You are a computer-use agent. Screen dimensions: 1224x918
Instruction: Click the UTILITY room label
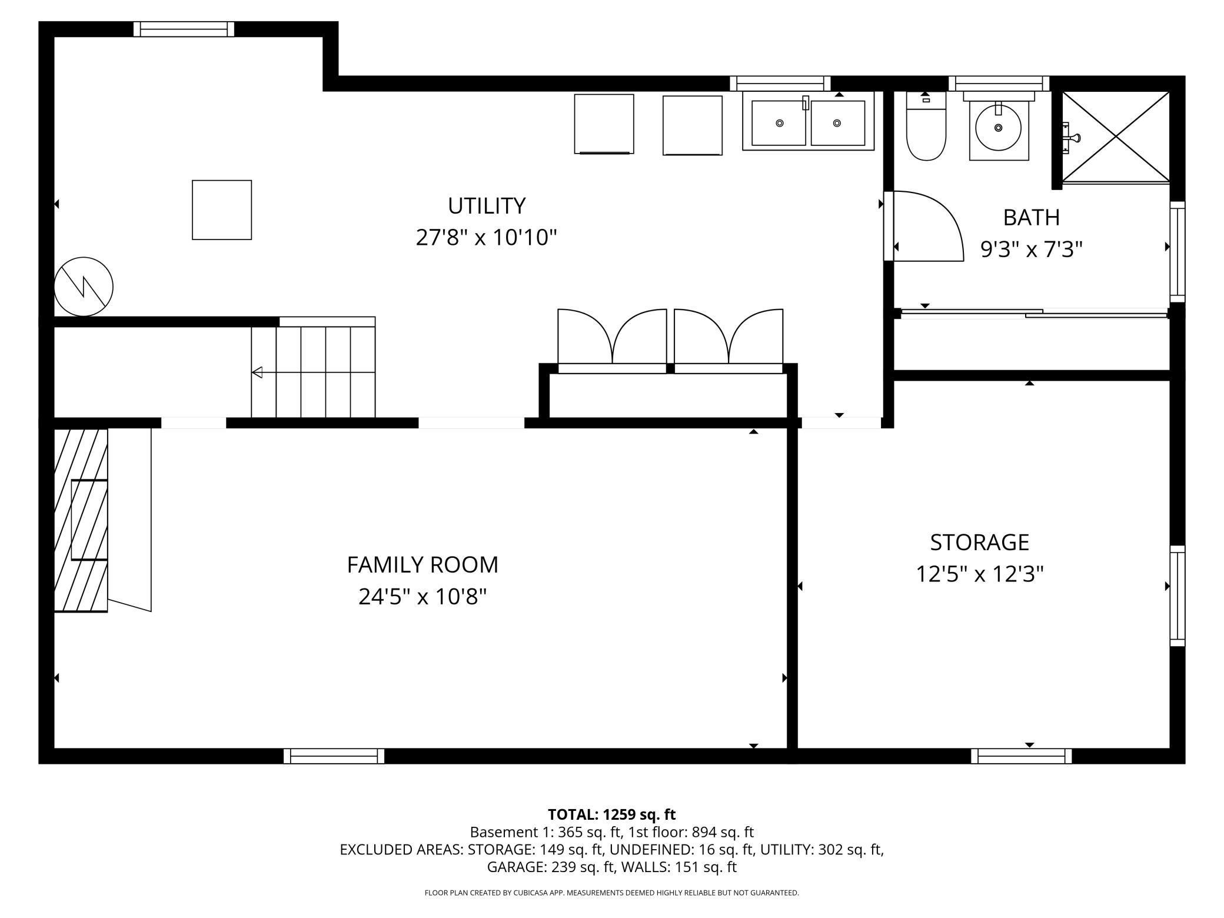click(x=487, y=206)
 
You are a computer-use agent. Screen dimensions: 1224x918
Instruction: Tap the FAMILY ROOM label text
click(x=423, y=565)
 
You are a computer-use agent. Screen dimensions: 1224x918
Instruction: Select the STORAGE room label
click(x=979, y=542)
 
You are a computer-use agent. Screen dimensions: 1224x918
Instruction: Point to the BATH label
click(x=1031, y=218)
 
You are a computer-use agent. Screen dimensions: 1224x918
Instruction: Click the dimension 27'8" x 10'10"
click(x=487, y=238)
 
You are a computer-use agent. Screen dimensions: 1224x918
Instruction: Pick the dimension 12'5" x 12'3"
click(x=979, y=574)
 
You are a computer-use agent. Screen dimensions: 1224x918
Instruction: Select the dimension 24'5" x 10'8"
click(x=423, y=597)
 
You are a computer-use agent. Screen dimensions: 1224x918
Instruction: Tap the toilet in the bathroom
click(x=926, y=126)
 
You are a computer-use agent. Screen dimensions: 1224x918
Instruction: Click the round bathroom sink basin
click(x=998, y=128)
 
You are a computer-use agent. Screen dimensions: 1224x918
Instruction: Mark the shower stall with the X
click(x=1116, y=137)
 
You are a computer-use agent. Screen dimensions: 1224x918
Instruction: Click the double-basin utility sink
click(x=808, y=121)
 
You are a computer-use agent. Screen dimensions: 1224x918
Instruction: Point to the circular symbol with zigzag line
click(x=84, y=287)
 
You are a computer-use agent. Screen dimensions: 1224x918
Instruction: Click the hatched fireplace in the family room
click(x=81, y=520)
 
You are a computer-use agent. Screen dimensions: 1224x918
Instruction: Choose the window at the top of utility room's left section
click(x=184, y=29)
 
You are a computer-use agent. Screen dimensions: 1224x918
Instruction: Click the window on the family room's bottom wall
click(x=334, y=756)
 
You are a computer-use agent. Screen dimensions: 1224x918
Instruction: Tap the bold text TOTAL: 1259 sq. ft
click(x=612, y=814)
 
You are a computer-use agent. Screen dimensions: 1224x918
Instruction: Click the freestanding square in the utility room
click(x=222, y=210)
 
